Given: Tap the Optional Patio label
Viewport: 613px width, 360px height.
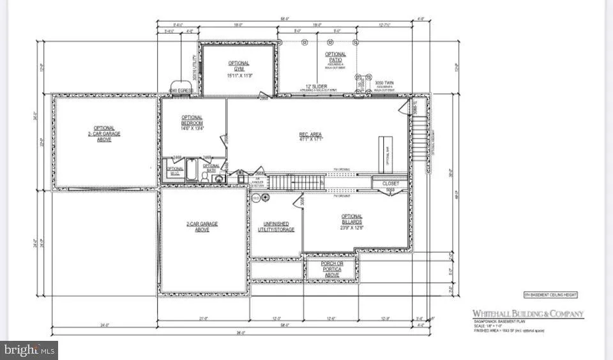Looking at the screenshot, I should point(335,57).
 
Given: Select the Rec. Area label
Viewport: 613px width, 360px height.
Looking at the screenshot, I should point(312,136).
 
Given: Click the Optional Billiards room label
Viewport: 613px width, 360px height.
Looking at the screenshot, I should point(351,220).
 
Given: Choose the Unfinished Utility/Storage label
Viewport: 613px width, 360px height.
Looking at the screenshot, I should point(275,226).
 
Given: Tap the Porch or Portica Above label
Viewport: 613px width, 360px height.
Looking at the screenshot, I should point(332,267).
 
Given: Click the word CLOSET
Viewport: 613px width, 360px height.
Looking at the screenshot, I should point(391,184).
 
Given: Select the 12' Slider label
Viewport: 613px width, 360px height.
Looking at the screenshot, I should point(316,87).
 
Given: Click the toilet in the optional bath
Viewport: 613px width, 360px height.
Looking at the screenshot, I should point(219,178).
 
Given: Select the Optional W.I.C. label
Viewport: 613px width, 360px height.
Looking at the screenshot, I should point(175,172).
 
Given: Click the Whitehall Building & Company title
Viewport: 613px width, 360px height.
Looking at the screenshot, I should point(527,313).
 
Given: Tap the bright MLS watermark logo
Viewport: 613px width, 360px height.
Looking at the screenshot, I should point(29,350).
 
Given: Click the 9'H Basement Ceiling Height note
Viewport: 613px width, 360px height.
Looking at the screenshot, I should point(550,294).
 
